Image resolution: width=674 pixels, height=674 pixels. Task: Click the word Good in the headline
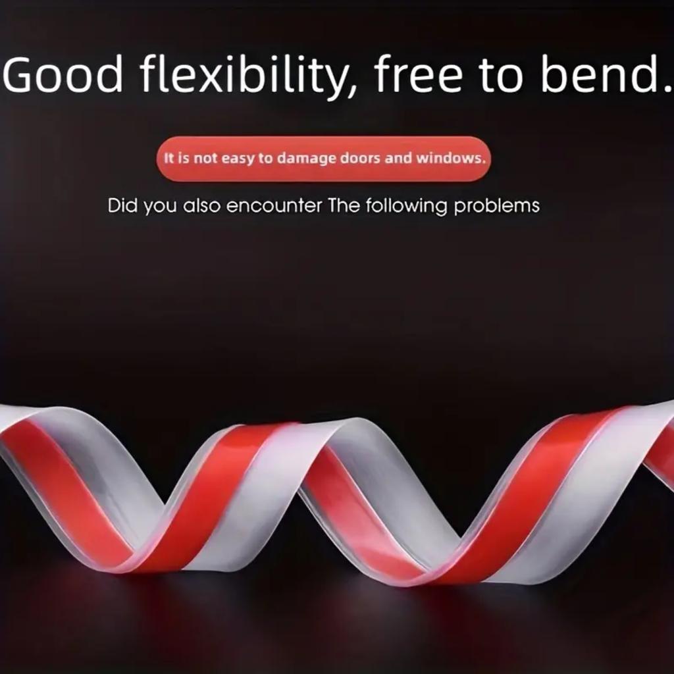coord(63,74)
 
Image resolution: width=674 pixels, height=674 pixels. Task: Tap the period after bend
coord(667,89)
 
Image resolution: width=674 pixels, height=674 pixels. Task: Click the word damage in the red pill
coord(306,159)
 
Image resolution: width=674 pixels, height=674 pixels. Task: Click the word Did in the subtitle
coord(122,205)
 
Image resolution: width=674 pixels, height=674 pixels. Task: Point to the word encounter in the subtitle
coord(274,206)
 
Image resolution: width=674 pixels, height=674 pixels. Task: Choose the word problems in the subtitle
coord(496,206)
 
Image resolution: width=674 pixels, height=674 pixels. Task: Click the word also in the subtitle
coord(201,205)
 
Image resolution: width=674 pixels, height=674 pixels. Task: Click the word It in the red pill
coord(168,158)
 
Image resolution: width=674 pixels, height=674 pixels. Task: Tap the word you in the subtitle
coord(159,207)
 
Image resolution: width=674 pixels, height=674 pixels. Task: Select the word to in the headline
coord(501,75)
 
